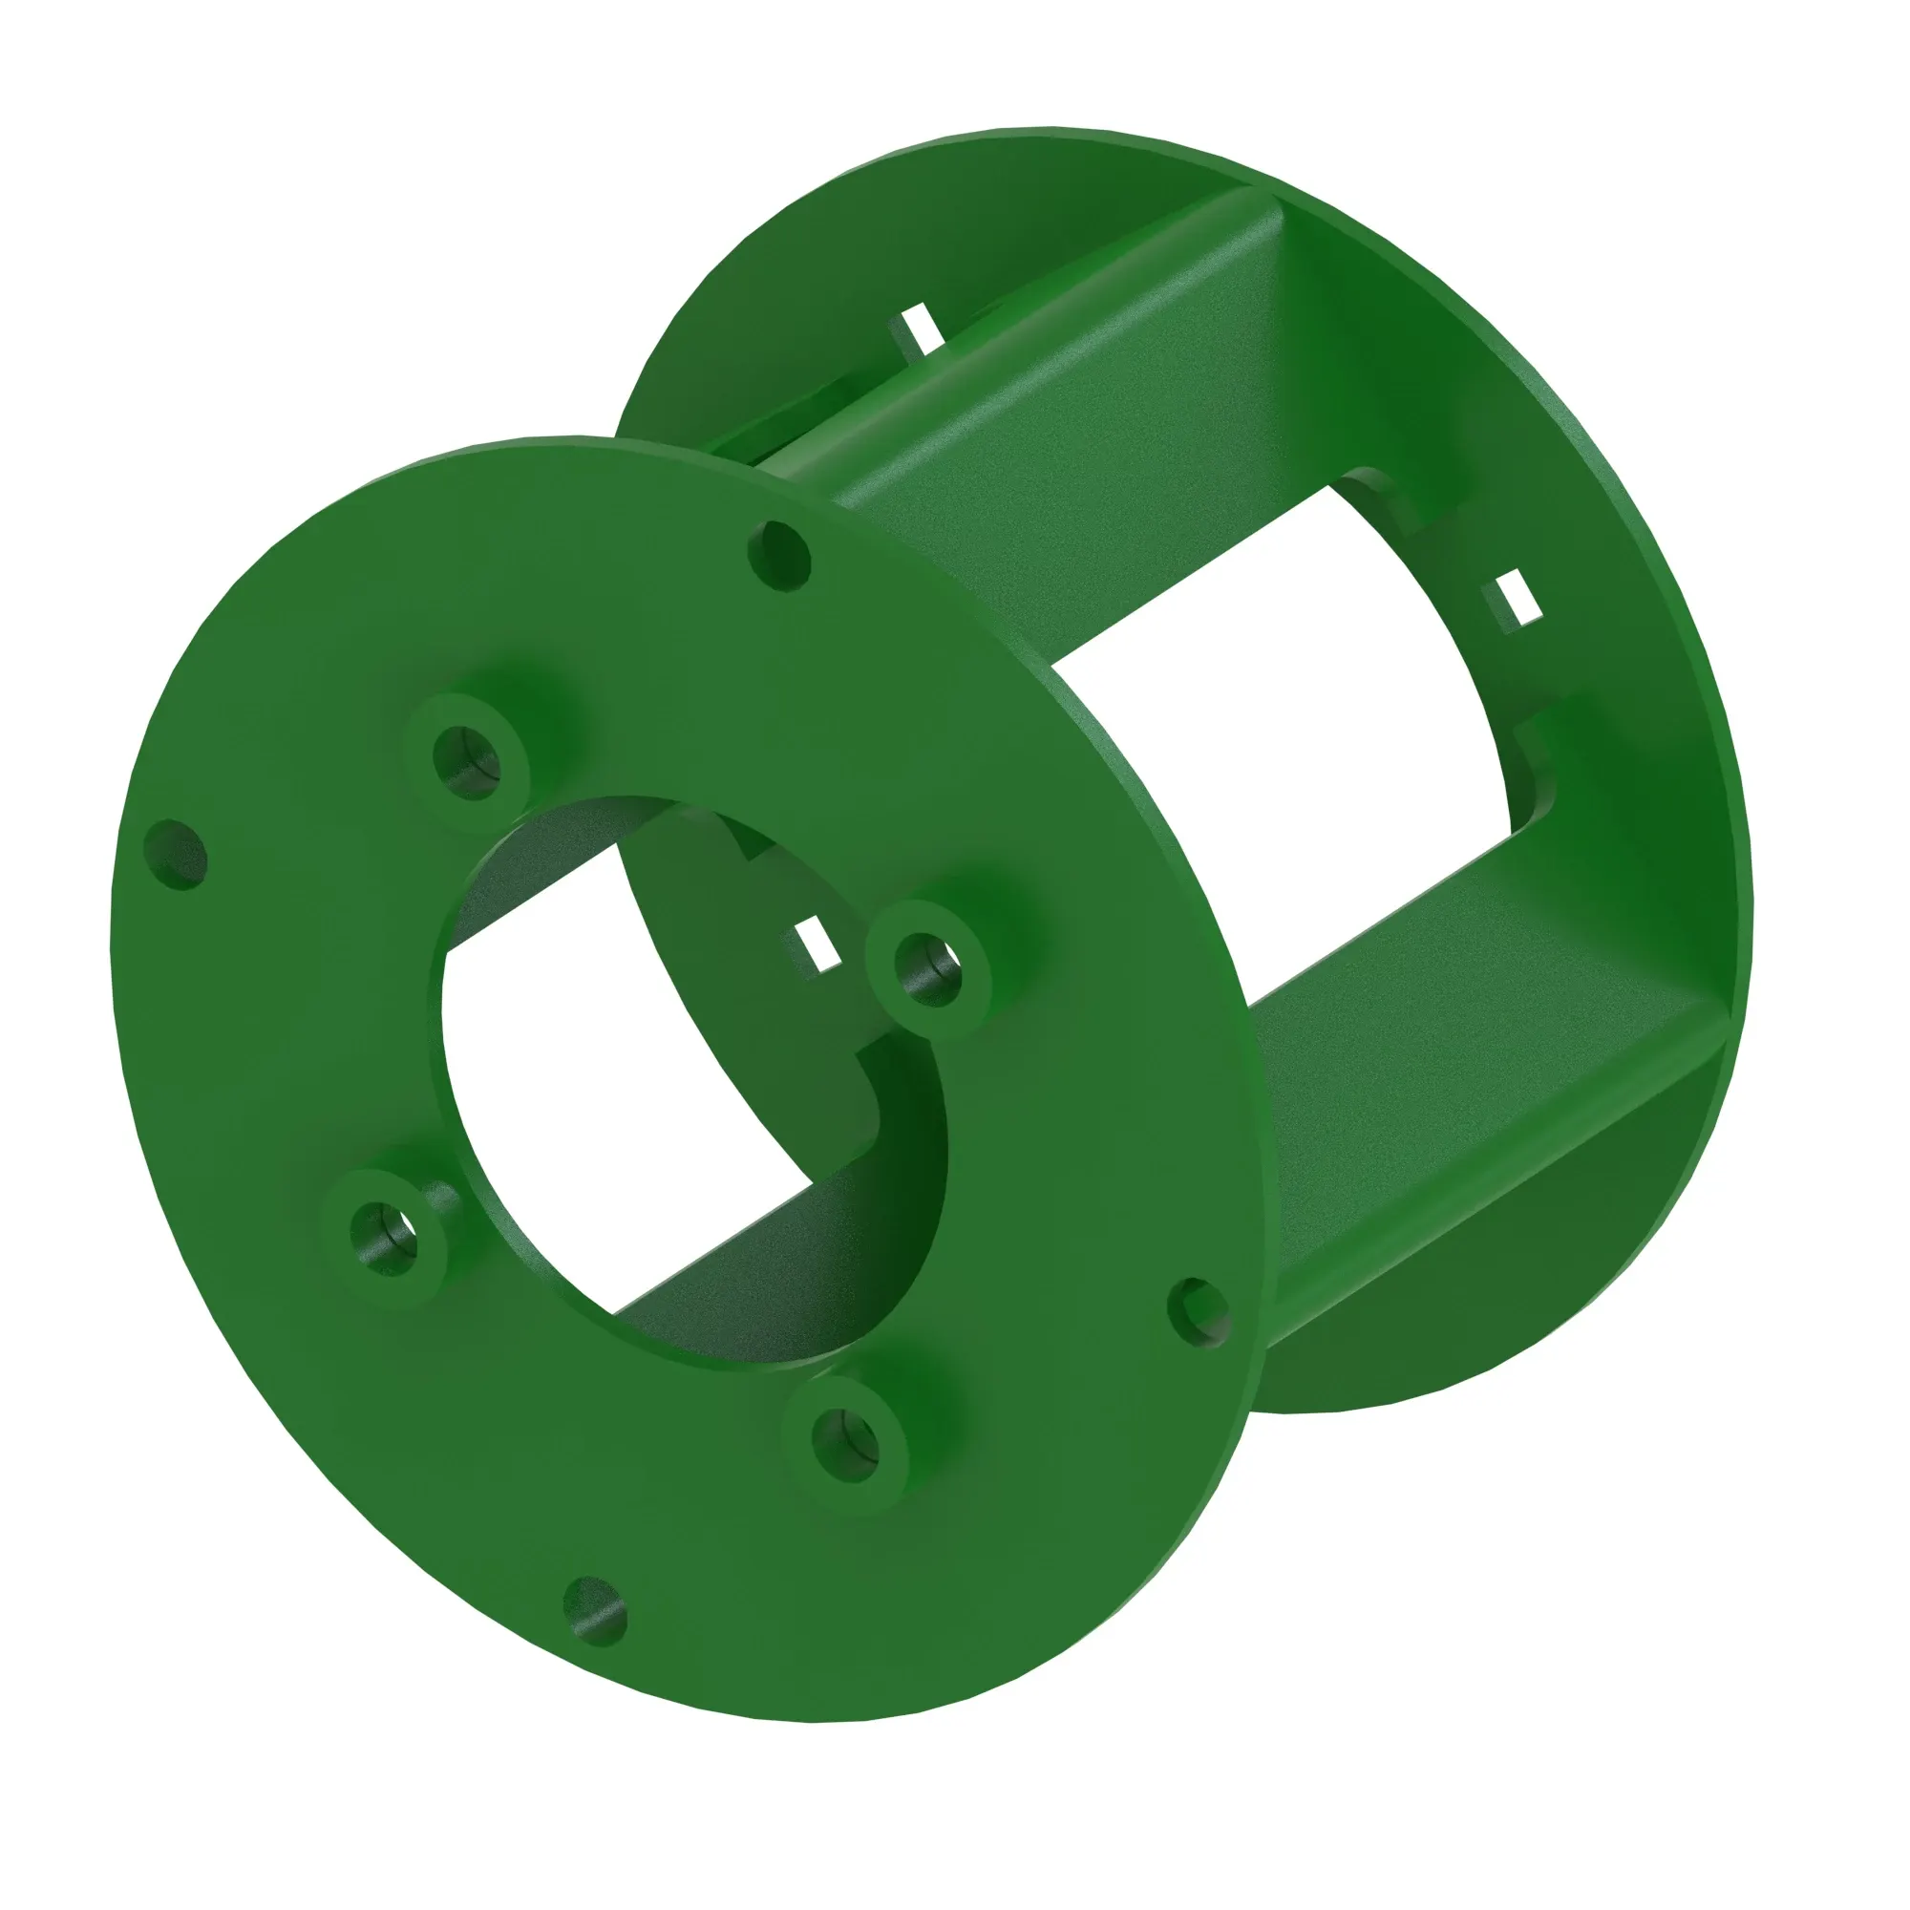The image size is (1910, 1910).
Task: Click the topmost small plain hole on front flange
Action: [x=780, y=558]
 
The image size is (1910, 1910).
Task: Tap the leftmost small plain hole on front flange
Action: [x=176, y=854]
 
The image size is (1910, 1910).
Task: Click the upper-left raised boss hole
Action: [x=467, y=762]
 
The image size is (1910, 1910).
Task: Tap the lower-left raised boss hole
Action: [x=384, y=1239]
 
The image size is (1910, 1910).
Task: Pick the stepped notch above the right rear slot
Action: [x=1384, y=495]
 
